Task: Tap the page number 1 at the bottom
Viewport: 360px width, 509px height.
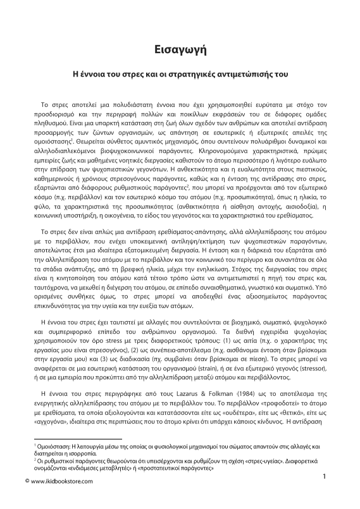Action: (325, 475)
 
